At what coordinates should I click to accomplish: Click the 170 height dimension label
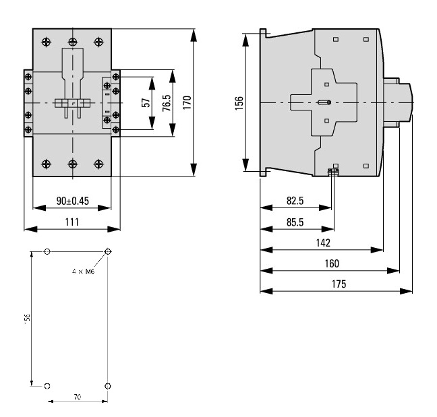187,102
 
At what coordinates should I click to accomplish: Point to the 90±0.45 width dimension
71,201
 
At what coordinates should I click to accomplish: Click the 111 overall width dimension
71,222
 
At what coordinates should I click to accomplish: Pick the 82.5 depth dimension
295,201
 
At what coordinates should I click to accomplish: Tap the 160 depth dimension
330,263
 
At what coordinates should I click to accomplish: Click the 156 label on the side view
239,102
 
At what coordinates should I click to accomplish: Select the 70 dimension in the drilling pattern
78,397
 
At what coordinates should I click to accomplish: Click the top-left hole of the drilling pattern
47,252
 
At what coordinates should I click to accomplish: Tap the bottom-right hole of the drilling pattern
108,386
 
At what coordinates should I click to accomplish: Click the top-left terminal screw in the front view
46,42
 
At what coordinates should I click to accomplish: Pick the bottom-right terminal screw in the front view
99,163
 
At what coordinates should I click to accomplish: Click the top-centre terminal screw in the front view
72,42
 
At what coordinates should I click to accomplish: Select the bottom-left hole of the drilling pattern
47,386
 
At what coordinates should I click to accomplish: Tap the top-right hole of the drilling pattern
108,252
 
